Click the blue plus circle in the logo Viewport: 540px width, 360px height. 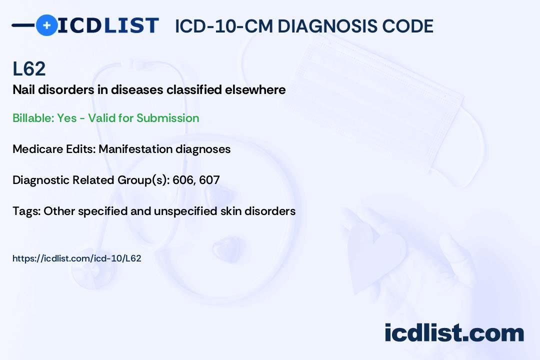(46, 25)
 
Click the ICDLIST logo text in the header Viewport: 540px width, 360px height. (108, 25)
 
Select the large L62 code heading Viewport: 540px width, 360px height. (29, 69)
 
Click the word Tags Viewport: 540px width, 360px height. (26, 211)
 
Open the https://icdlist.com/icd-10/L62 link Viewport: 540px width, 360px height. (76, 258)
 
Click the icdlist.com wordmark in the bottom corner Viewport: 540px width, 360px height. (454, 333)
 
